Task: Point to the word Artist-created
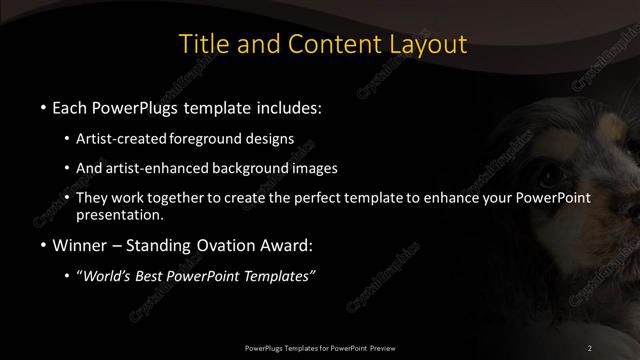click(x=122, y=139)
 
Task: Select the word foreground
click(x=210, y=139)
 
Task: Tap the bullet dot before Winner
click(x=43, y=245)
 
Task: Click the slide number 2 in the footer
click(x=591, y=347)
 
